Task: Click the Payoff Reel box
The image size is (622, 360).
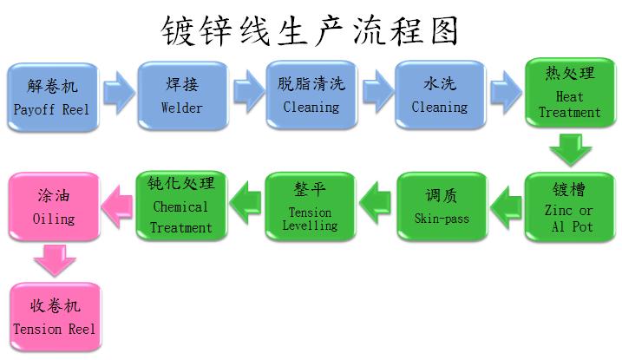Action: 51,96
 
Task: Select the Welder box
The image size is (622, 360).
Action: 182,96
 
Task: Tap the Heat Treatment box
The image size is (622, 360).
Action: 569,96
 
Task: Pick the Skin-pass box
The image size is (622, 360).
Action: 441,206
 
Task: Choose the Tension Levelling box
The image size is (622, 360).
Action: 310,206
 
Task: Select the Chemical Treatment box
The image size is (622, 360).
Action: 180,206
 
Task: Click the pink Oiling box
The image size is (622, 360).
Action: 52,206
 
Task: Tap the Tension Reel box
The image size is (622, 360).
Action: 54,317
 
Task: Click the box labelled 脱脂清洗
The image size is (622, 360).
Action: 311,96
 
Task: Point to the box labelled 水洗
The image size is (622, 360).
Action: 439,96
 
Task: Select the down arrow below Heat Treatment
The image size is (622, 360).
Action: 570,149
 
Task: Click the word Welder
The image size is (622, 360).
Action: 182,108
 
